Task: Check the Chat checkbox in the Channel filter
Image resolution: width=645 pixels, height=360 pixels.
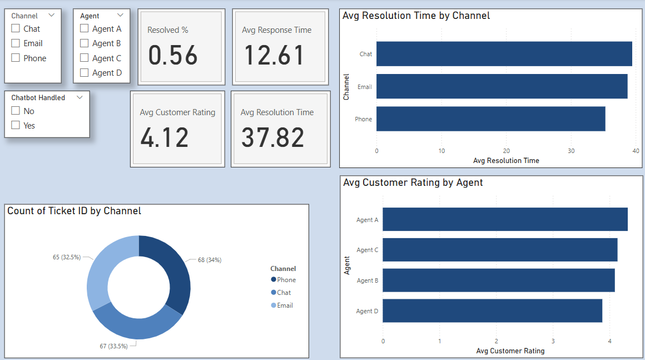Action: tap(16, 28)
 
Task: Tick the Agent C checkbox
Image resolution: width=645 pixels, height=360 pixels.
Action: tap(85, 58)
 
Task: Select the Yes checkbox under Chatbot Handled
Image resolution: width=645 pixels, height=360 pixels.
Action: tap(16, 125)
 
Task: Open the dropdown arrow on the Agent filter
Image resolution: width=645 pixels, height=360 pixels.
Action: tap(121, 16)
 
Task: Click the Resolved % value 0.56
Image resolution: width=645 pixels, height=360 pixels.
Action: tap(173, 56)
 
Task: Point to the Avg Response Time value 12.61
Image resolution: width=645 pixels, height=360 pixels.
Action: tap(275, 56)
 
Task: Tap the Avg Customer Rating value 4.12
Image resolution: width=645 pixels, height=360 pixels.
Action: tap(165, 138)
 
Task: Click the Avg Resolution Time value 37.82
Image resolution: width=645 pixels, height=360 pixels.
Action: tap(272, 138)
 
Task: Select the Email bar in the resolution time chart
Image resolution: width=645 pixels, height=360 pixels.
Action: tap(502, 87)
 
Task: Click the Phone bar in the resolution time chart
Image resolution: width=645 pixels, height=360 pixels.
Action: tap(490, 119)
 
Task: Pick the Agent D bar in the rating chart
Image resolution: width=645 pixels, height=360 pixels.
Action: tap(492, 310)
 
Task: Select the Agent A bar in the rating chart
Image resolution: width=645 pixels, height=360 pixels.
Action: tap(505, 219)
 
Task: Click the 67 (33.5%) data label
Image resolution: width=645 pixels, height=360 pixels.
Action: tap(113, 346)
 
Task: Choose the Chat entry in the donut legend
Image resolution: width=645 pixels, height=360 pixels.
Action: tap(284, 293)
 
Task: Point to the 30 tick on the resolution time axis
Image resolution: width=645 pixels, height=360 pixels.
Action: tap(571, 151)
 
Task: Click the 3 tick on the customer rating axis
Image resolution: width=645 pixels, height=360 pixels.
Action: tap(553, 341)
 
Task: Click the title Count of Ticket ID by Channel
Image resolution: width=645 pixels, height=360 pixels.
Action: tap(74, 211)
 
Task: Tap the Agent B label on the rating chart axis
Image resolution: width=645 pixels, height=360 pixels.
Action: tap(367, 280)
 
